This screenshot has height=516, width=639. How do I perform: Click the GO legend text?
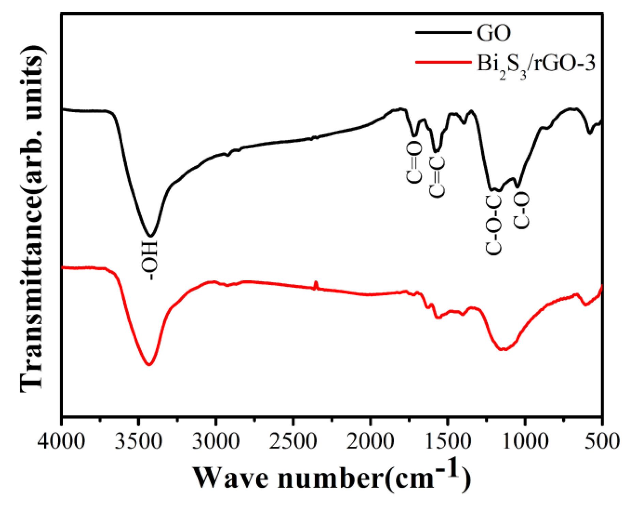pos(493,33)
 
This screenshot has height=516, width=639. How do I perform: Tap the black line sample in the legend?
pos(443,32)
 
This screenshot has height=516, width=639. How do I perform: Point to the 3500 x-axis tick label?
pos(138,441)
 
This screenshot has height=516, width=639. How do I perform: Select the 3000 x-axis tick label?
pos(215,441)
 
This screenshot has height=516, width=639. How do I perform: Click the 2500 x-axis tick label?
pos(293,441)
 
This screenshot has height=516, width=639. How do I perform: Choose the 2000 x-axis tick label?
pos(370,441)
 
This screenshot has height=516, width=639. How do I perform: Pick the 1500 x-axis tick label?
pos(447,441)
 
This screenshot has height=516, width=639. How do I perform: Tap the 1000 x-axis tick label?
pos(524,441)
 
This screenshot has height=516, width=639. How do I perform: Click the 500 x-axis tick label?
pos(602,441)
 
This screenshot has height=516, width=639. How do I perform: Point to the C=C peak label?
pos(437,177)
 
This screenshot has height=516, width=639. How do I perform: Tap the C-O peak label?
pos(522,210)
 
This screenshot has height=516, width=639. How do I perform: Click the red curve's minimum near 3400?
pos(149,365)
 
